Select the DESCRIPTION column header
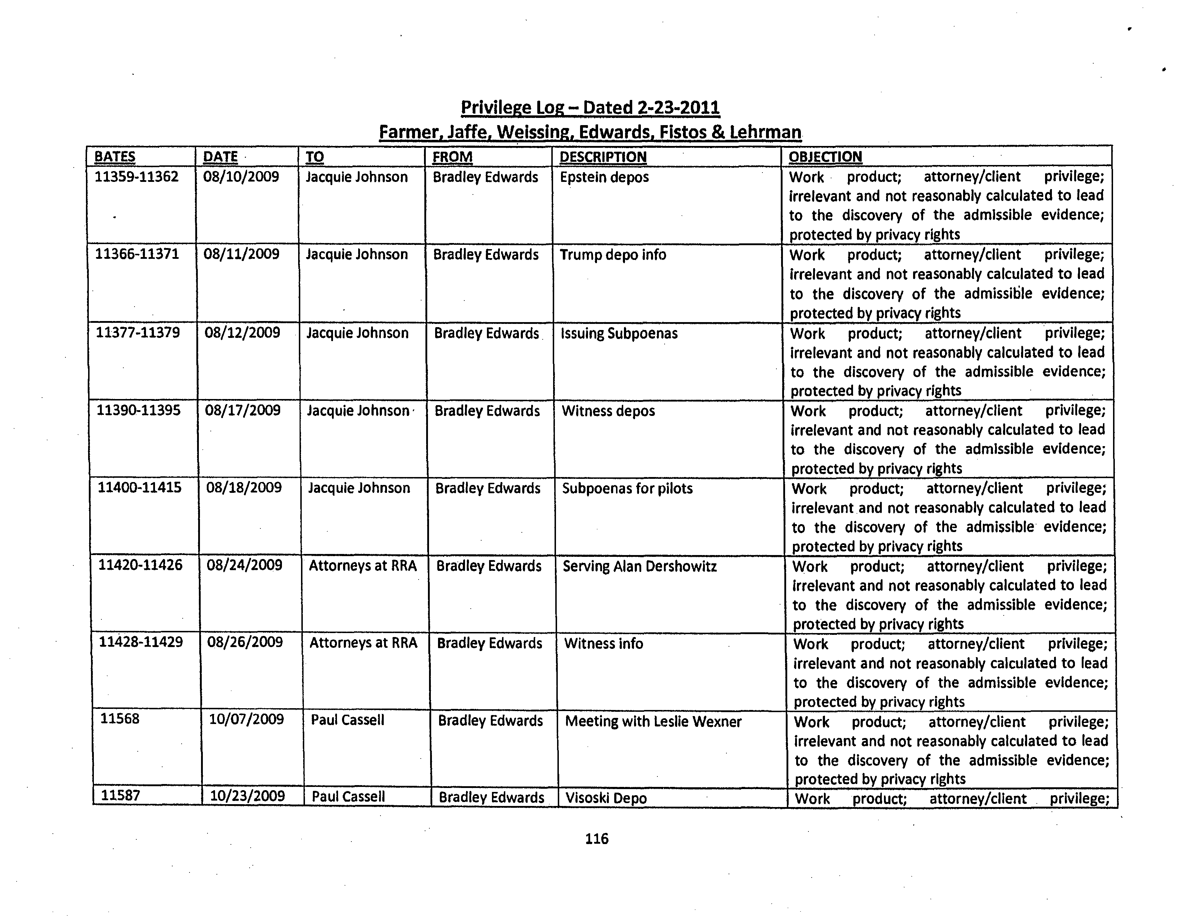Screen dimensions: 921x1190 [603, 157]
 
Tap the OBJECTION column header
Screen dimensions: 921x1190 [825, 157]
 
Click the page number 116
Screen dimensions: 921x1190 [597, 839]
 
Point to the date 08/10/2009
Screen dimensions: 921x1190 [241, 177]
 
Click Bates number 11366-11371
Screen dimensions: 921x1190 [137, 255]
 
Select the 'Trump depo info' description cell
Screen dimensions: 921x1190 [612, 255]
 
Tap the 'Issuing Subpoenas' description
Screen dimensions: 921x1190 [619, 333]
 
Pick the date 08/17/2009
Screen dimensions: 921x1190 [242, 410]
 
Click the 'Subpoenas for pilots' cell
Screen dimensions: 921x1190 [627, 488]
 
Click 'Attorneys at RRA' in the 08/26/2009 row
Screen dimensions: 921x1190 [364, 643]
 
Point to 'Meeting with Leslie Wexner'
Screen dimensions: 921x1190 [653, 721]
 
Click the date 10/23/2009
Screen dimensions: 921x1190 [247, 796]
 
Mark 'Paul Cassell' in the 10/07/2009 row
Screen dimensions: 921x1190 [348, 720]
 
